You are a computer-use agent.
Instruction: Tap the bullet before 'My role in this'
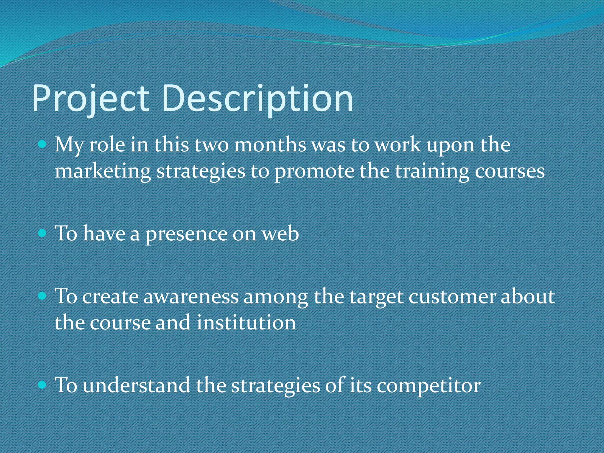click(x=43, y=144)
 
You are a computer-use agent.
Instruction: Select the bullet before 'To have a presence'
click(x=43, y=233)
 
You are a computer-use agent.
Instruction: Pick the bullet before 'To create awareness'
click(x=43, y=296)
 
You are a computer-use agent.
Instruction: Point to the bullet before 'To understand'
click(x=43, y=385)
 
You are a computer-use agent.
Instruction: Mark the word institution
click(x=246, y=322)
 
